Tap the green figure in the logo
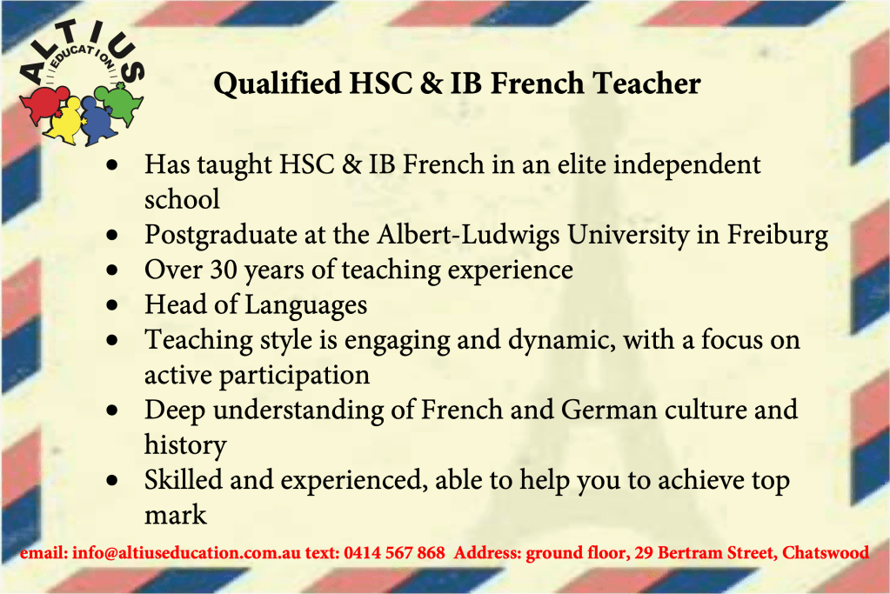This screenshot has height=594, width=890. pyautogui.click(x=120, y=103)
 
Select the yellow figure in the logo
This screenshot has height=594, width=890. pyautogui.click(x=64, y=119)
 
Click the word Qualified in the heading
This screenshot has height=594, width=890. pyautogui.click(x=278, y=84)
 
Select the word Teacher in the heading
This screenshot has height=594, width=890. pyautogui.click(x=646, y=83)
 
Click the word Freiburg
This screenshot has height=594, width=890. pyautogui.click(x=777, y=236)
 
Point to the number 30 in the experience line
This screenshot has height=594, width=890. pyautogui.click(x=223, y=270)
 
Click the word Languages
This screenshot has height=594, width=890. pyautogui.click(x=305, y=306)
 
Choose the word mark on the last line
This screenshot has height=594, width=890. pyautogui.click(x=176, y=515)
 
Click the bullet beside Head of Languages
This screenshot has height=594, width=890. pyautogui.click(x=112, y=305)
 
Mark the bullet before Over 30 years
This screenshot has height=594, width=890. pyautogui.click(x=112, y=270)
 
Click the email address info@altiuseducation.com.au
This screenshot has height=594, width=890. pyautogui.click(x=186, y=552)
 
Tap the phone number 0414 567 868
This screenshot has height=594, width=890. pyautogui.click(x=394, y=552)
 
